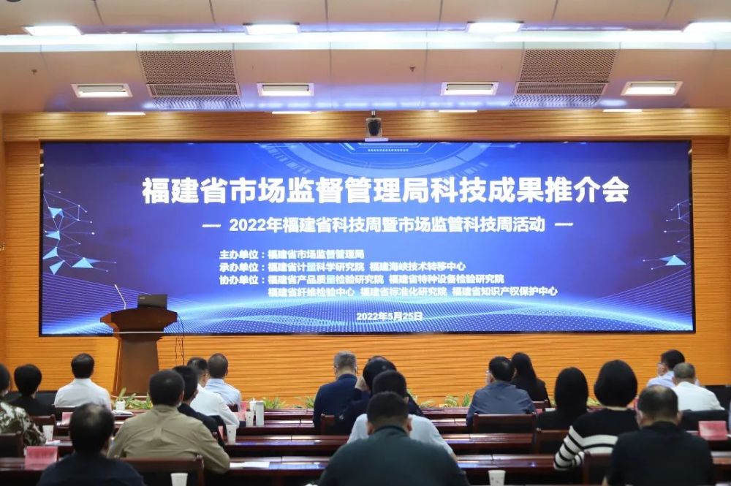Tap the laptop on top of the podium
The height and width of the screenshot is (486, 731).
[152, 301]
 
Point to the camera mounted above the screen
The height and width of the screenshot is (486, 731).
[374, 126]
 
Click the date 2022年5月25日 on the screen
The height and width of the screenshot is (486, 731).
[390, 316]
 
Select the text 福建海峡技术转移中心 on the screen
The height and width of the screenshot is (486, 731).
[417, 267]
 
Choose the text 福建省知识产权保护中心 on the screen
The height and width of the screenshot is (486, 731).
[504, 292]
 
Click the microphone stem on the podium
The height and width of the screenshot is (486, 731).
[121, 297]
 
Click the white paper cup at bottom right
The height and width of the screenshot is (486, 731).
[496, 477]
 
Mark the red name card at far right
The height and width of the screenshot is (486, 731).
[713, 430]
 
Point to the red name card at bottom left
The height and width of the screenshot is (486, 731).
[41, 457]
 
